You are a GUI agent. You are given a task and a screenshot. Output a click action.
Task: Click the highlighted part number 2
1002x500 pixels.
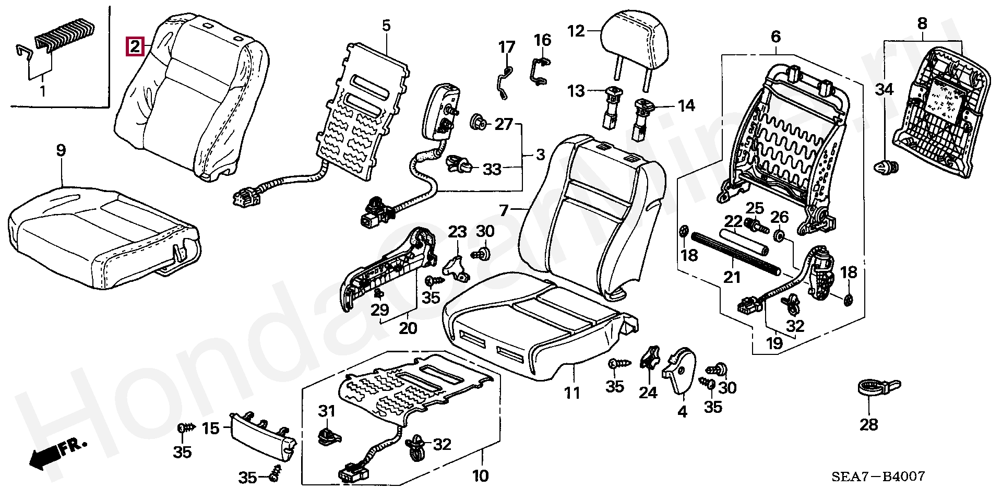coord(135,47)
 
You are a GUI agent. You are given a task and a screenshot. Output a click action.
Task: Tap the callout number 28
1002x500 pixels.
coord(869,424)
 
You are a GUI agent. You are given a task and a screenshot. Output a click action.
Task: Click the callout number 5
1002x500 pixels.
coord(386,25)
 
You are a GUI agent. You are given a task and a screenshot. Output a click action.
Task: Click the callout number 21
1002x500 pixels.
coord(732,277)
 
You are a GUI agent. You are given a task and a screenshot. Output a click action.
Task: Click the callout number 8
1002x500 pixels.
coord(922,23)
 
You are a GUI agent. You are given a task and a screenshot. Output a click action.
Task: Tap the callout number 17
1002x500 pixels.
coord(506,47)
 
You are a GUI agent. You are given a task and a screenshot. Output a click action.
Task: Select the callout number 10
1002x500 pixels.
coord(480,475)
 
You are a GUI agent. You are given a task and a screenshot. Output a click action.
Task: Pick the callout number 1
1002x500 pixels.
coord(43,91)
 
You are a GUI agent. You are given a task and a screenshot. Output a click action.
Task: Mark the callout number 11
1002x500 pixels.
coord(572,392)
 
